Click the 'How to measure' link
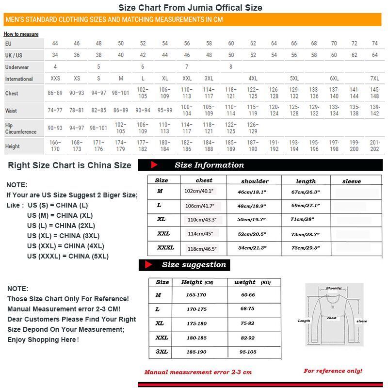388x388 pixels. click(21, 34)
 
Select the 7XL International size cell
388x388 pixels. click(374, 79)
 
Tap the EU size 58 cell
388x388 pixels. click(209, 44)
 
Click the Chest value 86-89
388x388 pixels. click(54, 93)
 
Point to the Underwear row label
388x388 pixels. click(17, 67)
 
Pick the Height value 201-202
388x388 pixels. click(374, 146)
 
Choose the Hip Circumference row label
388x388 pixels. click(21, 129)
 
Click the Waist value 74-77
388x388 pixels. click(55, 110)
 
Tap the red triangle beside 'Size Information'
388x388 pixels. click(154, 165)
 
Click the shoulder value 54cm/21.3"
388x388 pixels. click(252, 248)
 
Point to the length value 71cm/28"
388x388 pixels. click(303, 219)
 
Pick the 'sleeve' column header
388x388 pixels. click(351, 181)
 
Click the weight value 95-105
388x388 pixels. click(248, 352)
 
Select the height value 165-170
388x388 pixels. click(196, 295)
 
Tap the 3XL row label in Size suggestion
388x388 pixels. click(162, 351)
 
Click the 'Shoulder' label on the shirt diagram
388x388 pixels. click(334, 288)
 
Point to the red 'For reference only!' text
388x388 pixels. click(333, 371)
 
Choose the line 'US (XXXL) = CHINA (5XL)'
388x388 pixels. click(68, 256)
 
